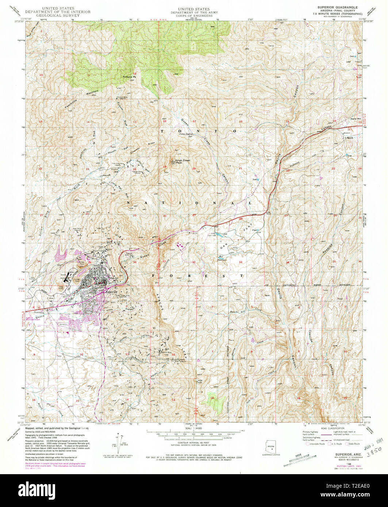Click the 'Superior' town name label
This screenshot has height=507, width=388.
(x=111, y=291)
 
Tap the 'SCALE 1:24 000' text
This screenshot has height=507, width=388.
(x=194, y=429)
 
